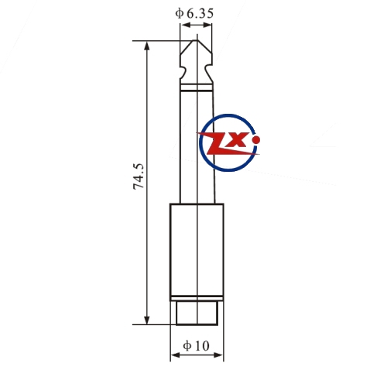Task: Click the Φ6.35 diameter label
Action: coord(194,14)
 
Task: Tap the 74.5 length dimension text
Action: coord(139,176)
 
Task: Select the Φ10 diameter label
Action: coord(196,346)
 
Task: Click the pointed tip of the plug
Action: coord(197,40)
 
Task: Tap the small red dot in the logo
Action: coord(256,140)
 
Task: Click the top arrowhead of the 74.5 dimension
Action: coord(147,46)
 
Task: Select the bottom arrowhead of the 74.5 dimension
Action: coord(147,320)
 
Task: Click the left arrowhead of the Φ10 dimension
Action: coord(175,355)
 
